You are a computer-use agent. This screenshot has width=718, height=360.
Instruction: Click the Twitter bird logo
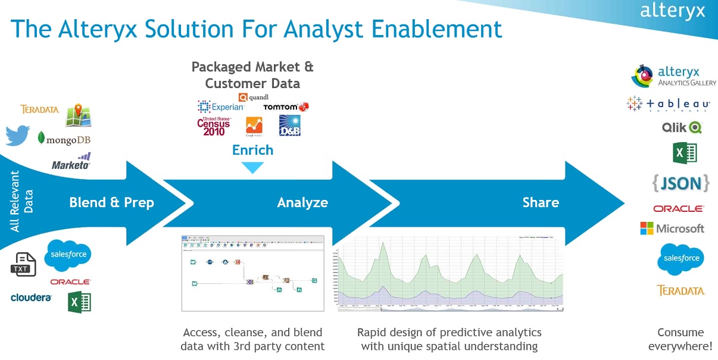click(18, 135)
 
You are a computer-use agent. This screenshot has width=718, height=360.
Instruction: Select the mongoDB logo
click(64, 139)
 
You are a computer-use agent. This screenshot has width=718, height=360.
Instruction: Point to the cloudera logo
click(31, 297)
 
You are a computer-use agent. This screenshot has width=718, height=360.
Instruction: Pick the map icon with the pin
click(78, 115)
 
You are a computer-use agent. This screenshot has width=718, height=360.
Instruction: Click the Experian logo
click(221, 107)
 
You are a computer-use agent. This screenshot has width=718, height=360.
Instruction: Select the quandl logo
click(254, 97)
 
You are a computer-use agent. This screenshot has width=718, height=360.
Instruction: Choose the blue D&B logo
click(290, 126)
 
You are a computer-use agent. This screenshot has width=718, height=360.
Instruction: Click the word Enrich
click(252, 150)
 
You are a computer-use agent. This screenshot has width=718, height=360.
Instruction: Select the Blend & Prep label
click(111, 202)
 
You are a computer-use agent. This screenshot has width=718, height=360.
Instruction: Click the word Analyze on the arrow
click(302, 202)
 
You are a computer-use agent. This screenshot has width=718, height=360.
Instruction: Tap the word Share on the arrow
click(541, 202)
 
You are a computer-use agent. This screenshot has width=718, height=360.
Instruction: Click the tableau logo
click(668, 104)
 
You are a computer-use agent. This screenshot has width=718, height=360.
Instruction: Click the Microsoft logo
click(672, 228)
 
